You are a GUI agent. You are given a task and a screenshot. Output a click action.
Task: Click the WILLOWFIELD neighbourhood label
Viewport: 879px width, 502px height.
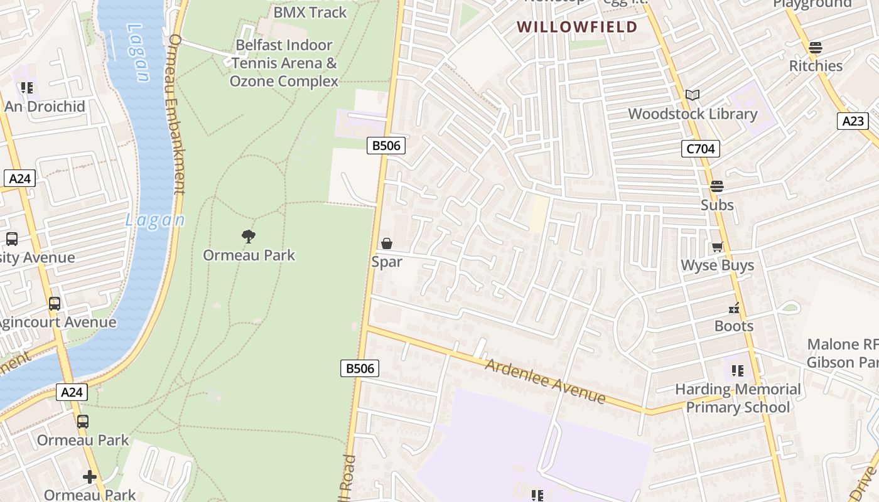click(577, 27)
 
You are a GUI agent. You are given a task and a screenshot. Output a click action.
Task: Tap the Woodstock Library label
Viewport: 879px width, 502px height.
click(693, 114)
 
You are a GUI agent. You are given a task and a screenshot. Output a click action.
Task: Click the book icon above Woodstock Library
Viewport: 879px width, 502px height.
click(693, 95)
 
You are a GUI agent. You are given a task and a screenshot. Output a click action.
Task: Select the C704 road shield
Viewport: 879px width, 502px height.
click(700, 149)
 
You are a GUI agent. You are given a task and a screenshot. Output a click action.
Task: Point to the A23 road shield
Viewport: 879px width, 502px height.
click(853, 121)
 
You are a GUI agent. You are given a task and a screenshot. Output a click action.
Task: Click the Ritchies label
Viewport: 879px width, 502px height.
click(816, 66)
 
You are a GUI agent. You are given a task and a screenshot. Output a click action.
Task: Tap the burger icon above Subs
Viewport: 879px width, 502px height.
click(716, 186)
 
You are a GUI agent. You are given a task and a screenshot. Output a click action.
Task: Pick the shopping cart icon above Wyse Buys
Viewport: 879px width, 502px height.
click(717, 247)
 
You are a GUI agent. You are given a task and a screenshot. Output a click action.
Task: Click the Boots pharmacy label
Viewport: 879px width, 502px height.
click(734, 326)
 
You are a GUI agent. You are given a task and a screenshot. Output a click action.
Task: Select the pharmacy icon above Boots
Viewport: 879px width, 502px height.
click(734, 307)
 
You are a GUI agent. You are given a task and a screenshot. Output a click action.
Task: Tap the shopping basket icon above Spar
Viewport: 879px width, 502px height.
click(387, 243)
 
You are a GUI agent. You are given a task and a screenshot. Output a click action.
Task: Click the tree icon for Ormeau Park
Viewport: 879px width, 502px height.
click(249, 237)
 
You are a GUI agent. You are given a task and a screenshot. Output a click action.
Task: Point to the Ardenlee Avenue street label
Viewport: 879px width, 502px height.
click(546, 381)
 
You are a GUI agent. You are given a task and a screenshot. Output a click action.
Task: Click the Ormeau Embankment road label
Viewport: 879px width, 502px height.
click(176, 113)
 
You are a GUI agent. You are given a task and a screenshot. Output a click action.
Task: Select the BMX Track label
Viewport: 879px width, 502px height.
click(310, 12)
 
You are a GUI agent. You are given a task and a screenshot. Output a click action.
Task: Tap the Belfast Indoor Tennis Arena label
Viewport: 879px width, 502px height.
click(284, 63)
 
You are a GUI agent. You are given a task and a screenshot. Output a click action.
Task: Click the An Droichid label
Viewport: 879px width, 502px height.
click(45, 107)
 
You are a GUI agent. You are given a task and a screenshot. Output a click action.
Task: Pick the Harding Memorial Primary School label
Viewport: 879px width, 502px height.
click(738, 398)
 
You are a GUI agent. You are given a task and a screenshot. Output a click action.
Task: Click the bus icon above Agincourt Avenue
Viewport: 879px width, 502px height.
click(55, 304)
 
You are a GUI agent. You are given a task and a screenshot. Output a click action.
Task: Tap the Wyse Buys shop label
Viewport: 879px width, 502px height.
click(718, 265)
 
